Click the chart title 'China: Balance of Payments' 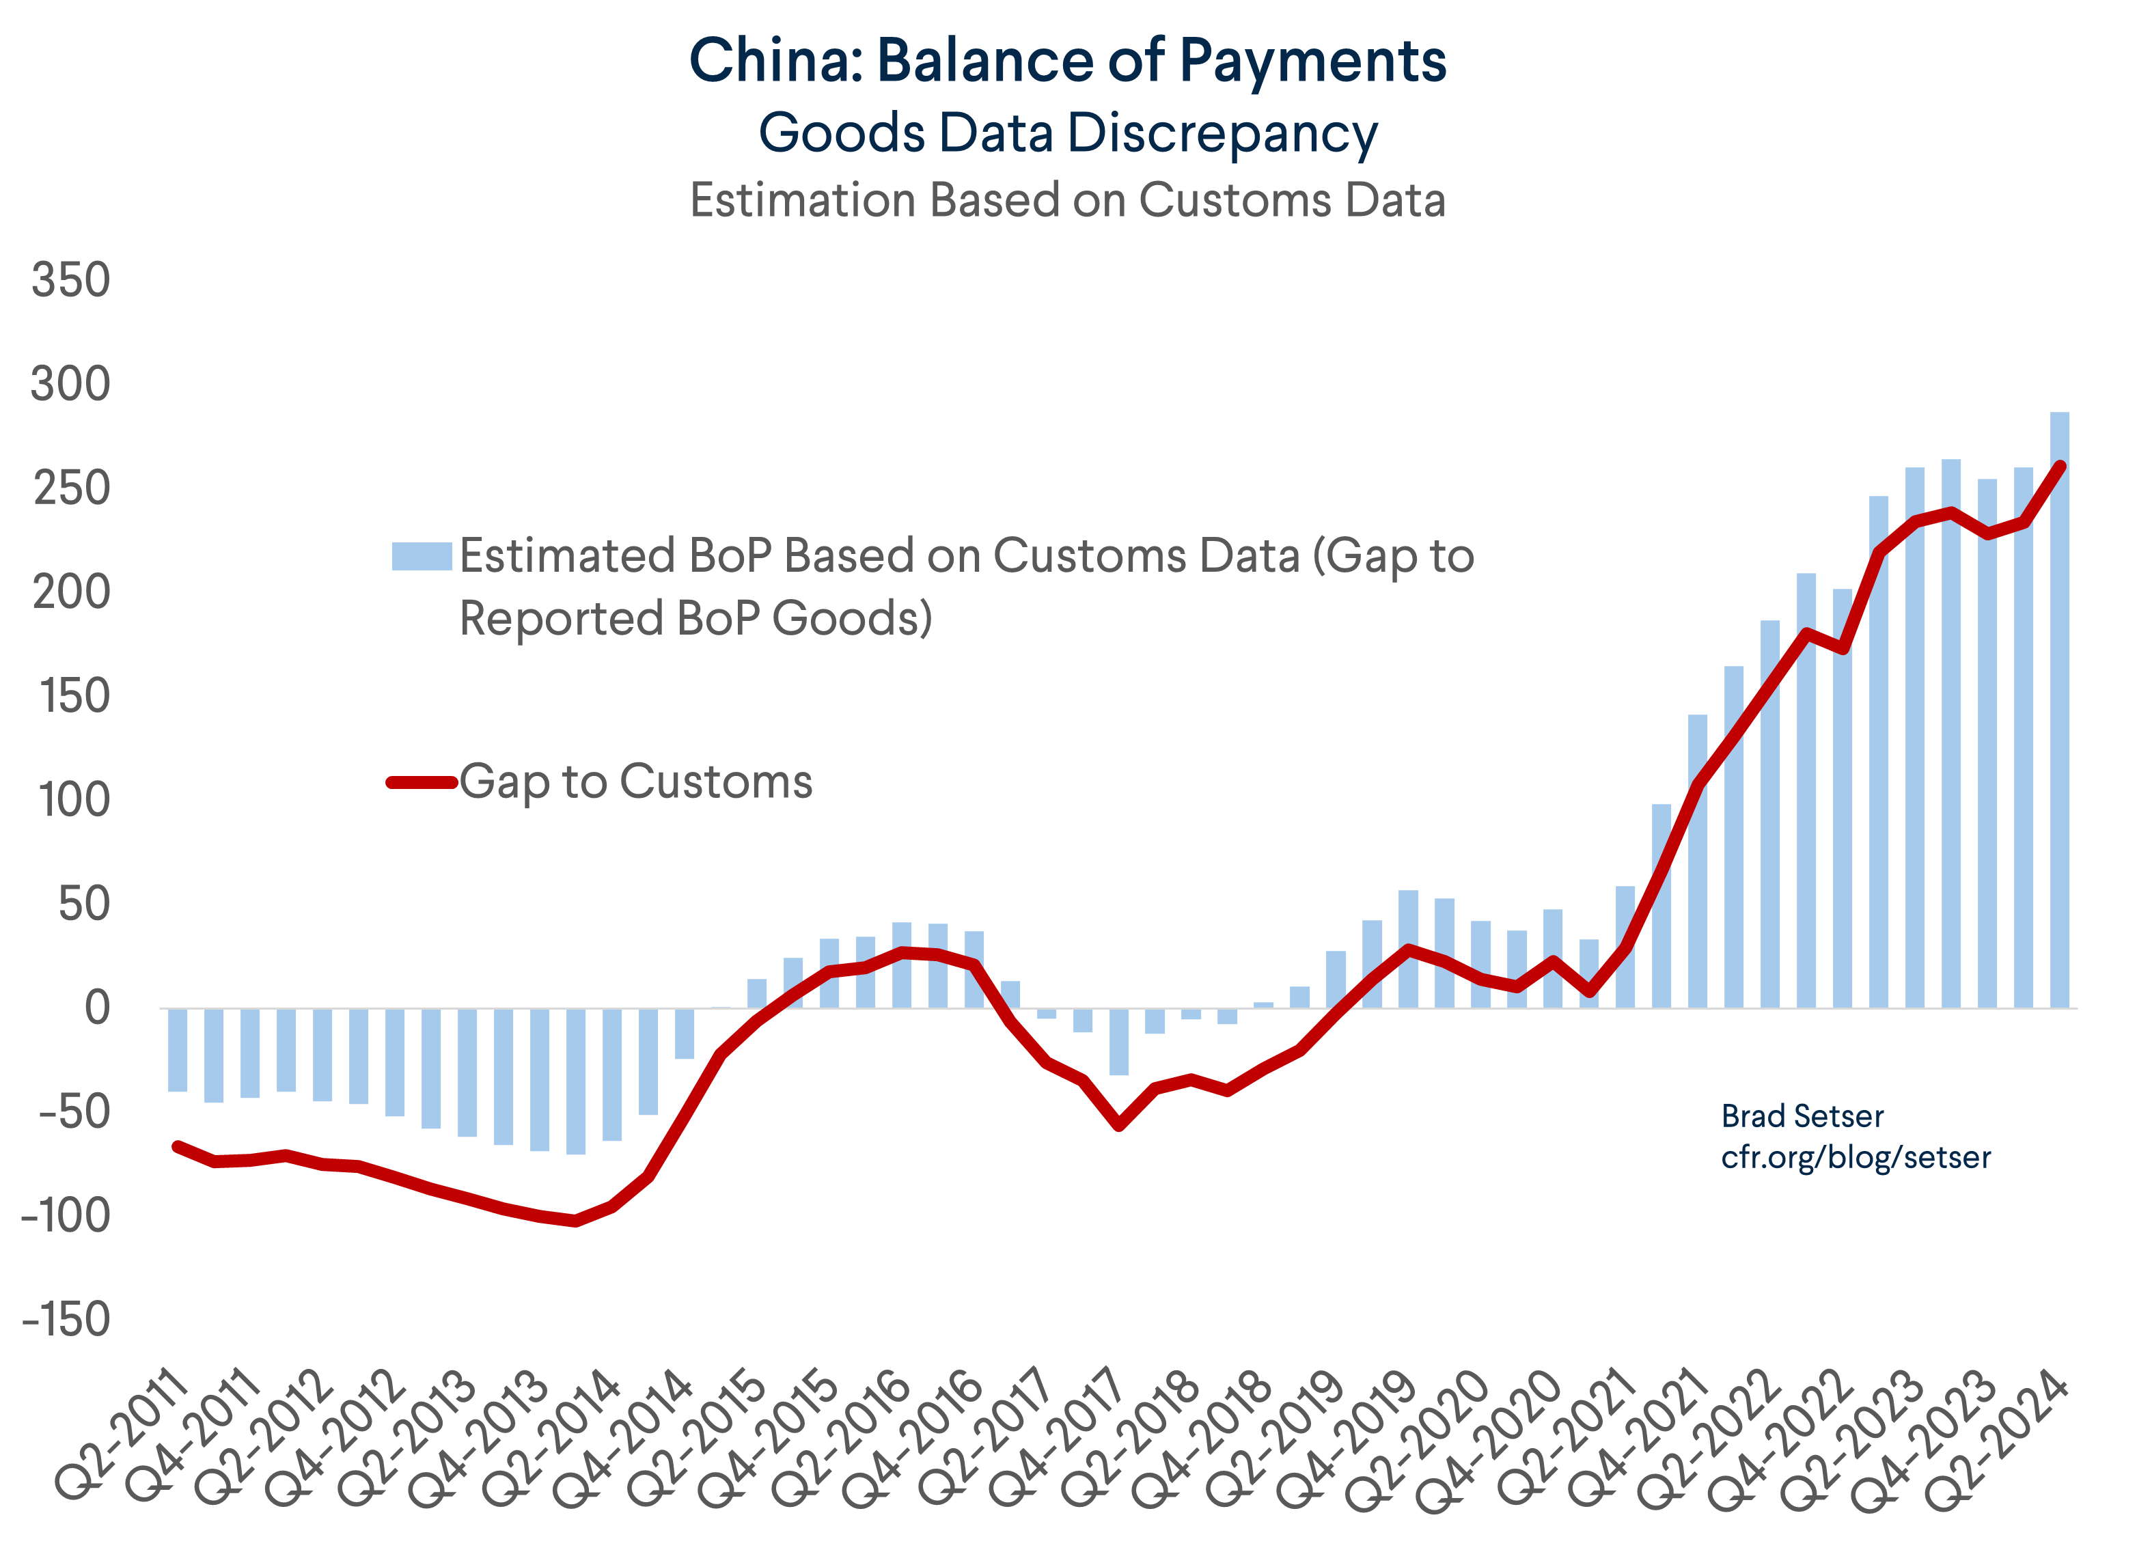click(1068, 60)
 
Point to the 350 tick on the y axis click(70, 280)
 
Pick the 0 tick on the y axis click(97, 1008)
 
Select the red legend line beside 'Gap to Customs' click(421, 782)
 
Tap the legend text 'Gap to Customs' click(636, 781)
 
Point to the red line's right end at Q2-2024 click(2060, 465)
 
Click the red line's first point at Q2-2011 click(177, 1146)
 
